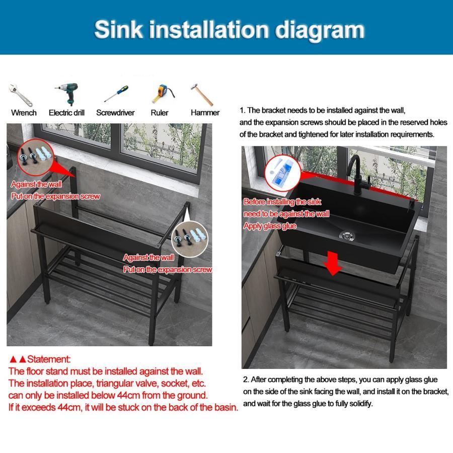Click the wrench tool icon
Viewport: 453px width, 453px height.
coord(21,95)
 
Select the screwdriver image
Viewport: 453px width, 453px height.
coord(116,94)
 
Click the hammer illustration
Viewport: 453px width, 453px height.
coord(202,95)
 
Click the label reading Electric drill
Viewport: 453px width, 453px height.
coord(66,113)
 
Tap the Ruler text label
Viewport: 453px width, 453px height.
coord(160,113)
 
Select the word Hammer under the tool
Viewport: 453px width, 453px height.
coord(205,113)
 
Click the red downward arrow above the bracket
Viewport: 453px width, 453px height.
coord(333,263)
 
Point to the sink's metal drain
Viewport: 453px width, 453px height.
coord(347,235)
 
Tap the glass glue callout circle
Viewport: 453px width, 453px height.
coord(282,173)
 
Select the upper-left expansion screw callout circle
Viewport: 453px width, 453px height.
coord(35,158)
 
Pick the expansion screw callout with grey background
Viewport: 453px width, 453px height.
coord(190,239)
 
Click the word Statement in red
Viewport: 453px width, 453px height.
coord(48,359)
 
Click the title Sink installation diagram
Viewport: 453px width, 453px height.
coord(230,30)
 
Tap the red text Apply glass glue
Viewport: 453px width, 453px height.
coord(270,226)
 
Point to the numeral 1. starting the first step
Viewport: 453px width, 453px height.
coord(243,110)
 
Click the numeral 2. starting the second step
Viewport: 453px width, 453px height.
coord(246,380)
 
